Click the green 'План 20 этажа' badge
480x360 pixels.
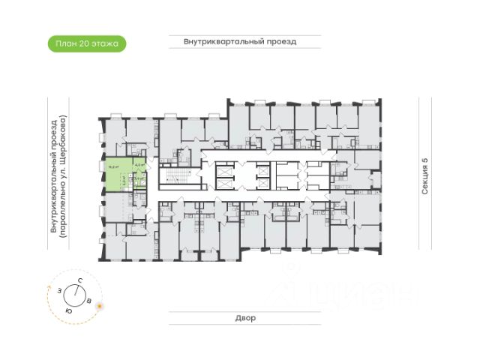[x=86, y=43]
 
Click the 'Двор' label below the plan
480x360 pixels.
[x=244, y=318]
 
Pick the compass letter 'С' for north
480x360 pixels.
[x=79, y=280]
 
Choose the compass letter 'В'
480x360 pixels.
[x=90, y=301]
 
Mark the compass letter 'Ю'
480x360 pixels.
[x=68, y=310]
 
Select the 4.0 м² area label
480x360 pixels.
[x=139, y=166]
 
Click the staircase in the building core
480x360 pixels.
[x=172, y=178]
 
